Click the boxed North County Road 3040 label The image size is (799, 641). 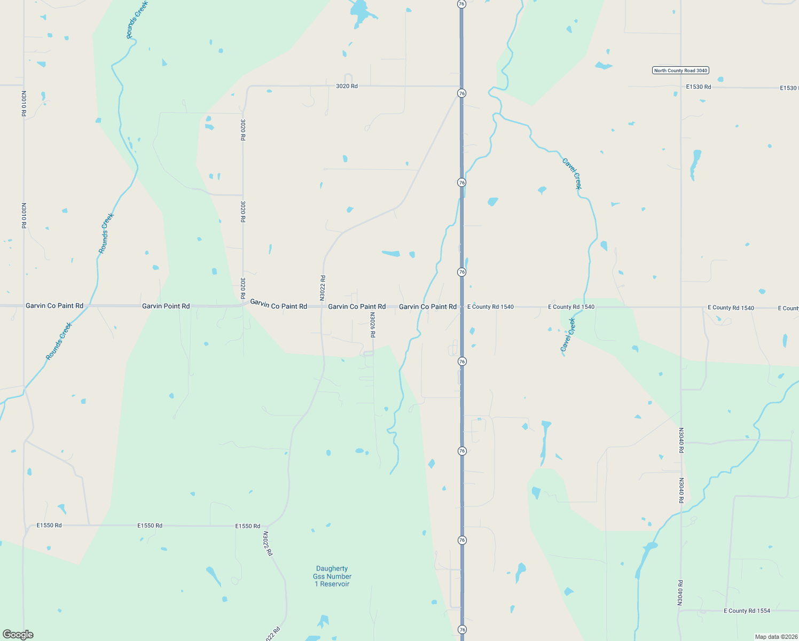coord(680,71)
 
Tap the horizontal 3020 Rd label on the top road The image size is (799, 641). coord(347,86)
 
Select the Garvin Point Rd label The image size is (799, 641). coord(166,306)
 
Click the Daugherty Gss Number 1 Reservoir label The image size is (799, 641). coord(332,576)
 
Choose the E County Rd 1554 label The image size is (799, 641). coord(747,611)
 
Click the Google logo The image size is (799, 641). coord(18,635)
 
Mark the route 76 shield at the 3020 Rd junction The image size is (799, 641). coord(461,93)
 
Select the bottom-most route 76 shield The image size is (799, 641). coord(462,630)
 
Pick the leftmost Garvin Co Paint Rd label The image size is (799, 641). coord(54,306)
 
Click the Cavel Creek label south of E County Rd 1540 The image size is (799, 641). coord(568,335)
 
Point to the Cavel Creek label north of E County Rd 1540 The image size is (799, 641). coord(571,174)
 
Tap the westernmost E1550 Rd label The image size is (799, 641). coord(49,525)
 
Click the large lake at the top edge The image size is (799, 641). coord(359,11)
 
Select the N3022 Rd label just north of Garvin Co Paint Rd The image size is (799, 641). coord(323,287)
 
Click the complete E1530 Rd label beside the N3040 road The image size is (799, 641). coord(699,87)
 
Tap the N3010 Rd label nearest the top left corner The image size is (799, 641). coord(23,103)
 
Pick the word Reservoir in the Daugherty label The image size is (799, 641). coord(334,584)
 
